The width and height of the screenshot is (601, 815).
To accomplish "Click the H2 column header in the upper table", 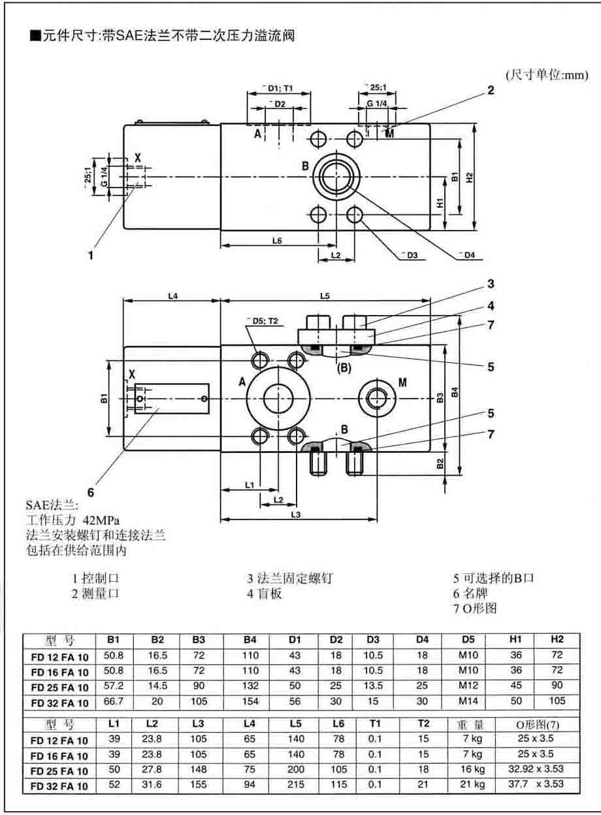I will tap(557, 639).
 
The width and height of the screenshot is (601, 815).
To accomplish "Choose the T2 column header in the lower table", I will tap(423, 724).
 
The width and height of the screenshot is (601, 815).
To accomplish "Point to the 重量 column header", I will tap(469, 724).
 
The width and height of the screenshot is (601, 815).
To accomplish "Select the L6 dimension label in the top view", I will tap(277, 241).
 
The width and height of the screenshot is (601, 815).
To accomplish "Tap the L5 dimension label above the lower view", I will tap(325, 296).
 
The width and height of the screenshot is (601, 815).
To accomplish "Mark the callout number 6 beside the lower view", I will tap(91, 491).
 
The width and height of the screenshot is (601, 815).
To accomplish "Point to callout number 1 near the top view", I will tap(91, 255).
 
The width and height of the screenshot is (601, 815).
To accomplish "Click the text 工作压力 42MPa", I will tap(72, 521).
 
